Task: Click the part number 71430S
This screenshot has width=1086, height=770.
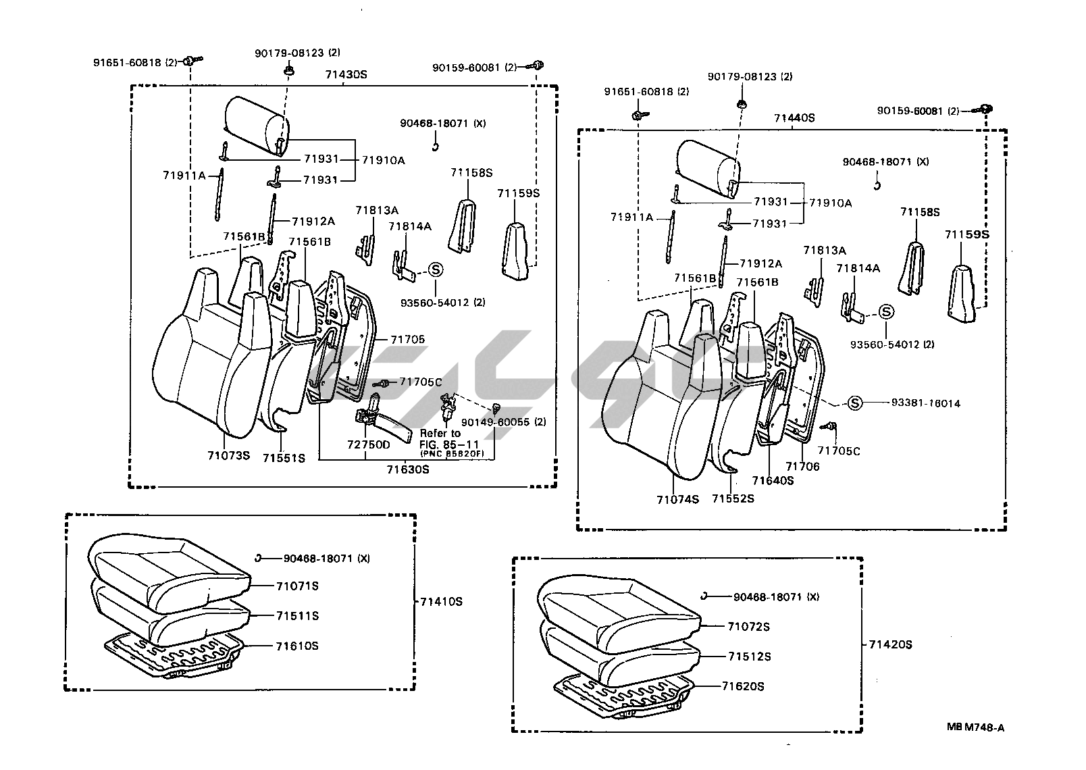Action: point(346,74)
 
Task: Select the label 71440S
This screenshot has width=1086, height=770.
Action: point(794,118)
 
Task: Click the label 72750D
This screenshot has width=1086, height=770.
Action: point(369,444)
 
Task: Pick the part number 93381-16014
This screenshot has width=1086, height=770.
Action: point(925,403)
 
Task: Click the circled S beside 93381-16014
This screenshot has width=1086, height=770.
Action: point(855,403)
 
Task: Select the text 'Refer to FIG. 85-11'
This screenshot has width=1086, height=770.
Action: point(440,437)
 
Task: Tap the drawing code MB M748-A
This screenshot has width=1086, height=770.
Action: point(975,727)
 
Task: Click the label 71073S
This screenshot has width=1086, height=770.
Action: point(228,455)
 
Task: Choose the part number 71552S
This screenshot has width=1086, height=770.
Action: point(733,498)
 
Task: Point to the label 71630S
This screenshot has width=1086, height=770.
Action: point(407,469)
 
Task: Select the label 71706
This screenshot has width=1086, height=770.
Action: point(802,466)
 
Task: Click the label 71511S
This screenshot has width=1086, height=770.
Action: point(296,615)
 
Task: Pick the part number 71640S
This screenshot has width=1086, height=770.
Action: point(773,480)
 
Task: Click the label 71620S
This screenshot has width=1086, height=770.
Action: point(743,686)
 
